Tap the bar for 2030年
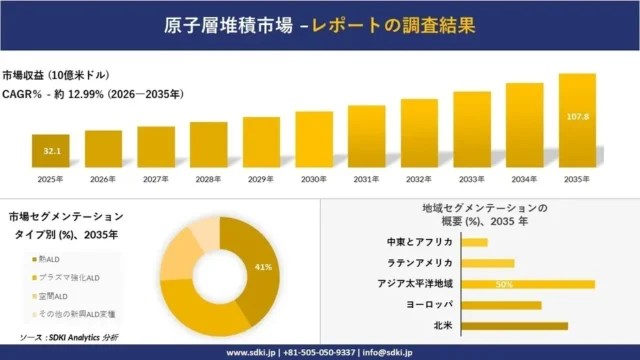[x=314, y=139]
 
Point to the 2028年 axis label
[x=209, y=179]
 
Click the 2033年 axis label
[x=472, y=179]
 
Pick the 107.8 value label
[x=578, y=116]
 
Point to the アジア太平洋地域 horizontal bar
[x=529, y=284]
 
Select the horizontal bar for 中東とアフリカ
[x=475, y=242]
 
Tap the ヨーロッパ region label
[x=429, y=305]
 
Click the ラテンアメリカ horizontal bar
[x=488, y=263]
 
